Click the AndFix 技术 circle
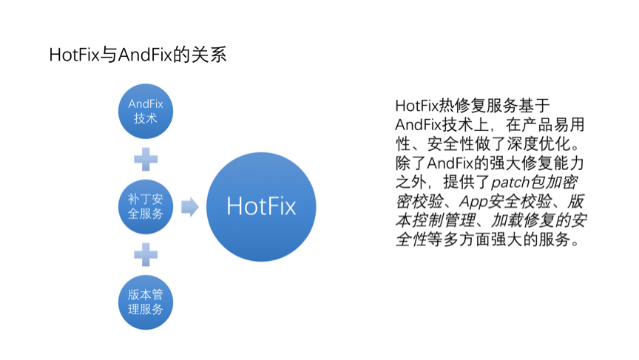pyautogui.click(x=146, y=110)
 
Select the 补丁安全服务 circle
pyautogui.click(x=146, y=206)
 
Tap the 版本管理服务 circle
pyautogui.click(x=146, y=301)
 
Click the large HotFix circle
pyautogui.click(x=261, y=206)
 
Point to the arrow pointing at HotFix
pyautogui.click(x=190, y=206)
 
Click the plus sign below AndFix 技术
pyautogui.click(x=146, y=158)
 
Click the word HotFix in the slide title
pyautogui.click(x=73, y=55)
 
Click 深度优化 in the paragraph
pyautogui.click(x=538, y=143)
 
